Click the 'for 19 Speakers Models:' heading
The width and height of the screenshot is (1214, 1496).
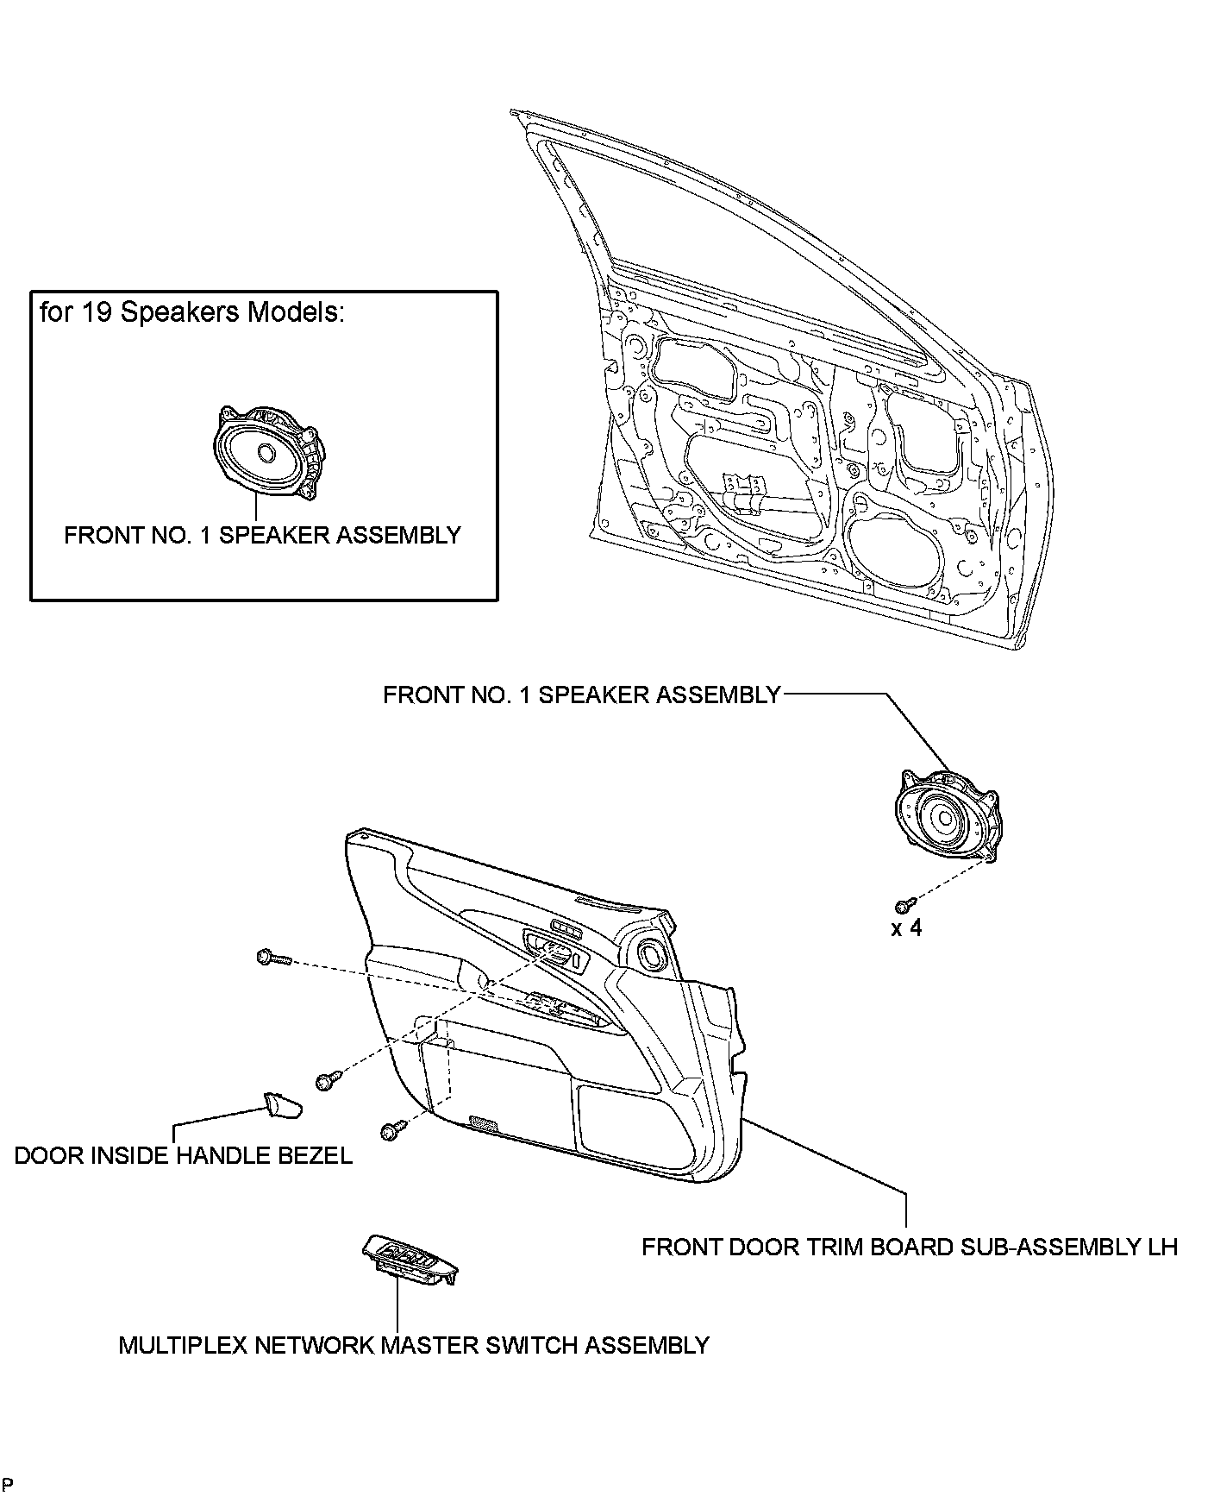click(x=191, y=312)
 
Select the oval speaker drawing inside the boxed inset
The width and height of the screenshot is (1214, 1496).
click(x=268, y=453)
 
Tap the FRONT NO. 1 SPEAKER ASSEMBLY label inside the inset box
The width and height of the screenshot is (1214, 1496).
click(x=263, y=535)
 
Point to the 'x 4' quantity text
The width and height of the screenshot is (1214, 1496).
click(x=906, y=928)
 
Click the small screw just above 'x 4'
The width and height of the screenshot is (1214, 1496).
click(x=904, y=904)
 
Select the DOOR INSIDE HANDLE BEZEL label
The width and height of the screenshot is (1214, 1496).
click(x=184, y=1155)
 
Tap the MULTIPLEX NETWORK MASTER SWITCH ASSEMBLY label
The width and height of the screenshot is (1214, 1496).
click(x=414, y=1345)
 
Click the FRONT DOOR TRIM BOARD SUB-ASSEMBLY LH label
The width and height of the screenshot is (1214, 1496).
click(x=910, y=1247)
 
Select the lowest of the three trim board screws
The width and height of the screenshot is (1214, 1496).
click(x=393, y=1129)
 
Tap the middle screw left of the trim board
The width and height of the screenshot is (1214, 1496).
click(x=330, y=1080)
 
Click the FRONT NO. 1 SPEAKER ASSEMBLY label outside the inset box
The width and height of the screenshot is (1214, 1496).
click(x=582, y=695)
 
